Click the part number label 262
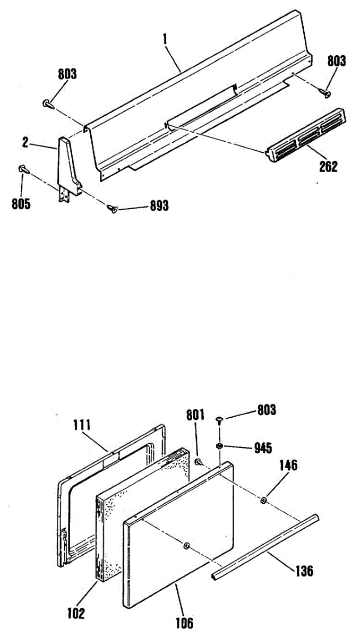tap(328, 167)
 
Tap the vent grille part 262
tap(306, 134)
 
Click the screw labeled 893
tap(113, 209)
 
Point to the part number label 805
tap(21, 204)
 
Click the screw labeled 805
tap(23, 168)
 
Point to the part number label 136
tap(303, 571)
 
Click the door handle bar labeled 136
tap(265, 547)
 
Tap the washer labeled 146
tap(264, 500)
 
